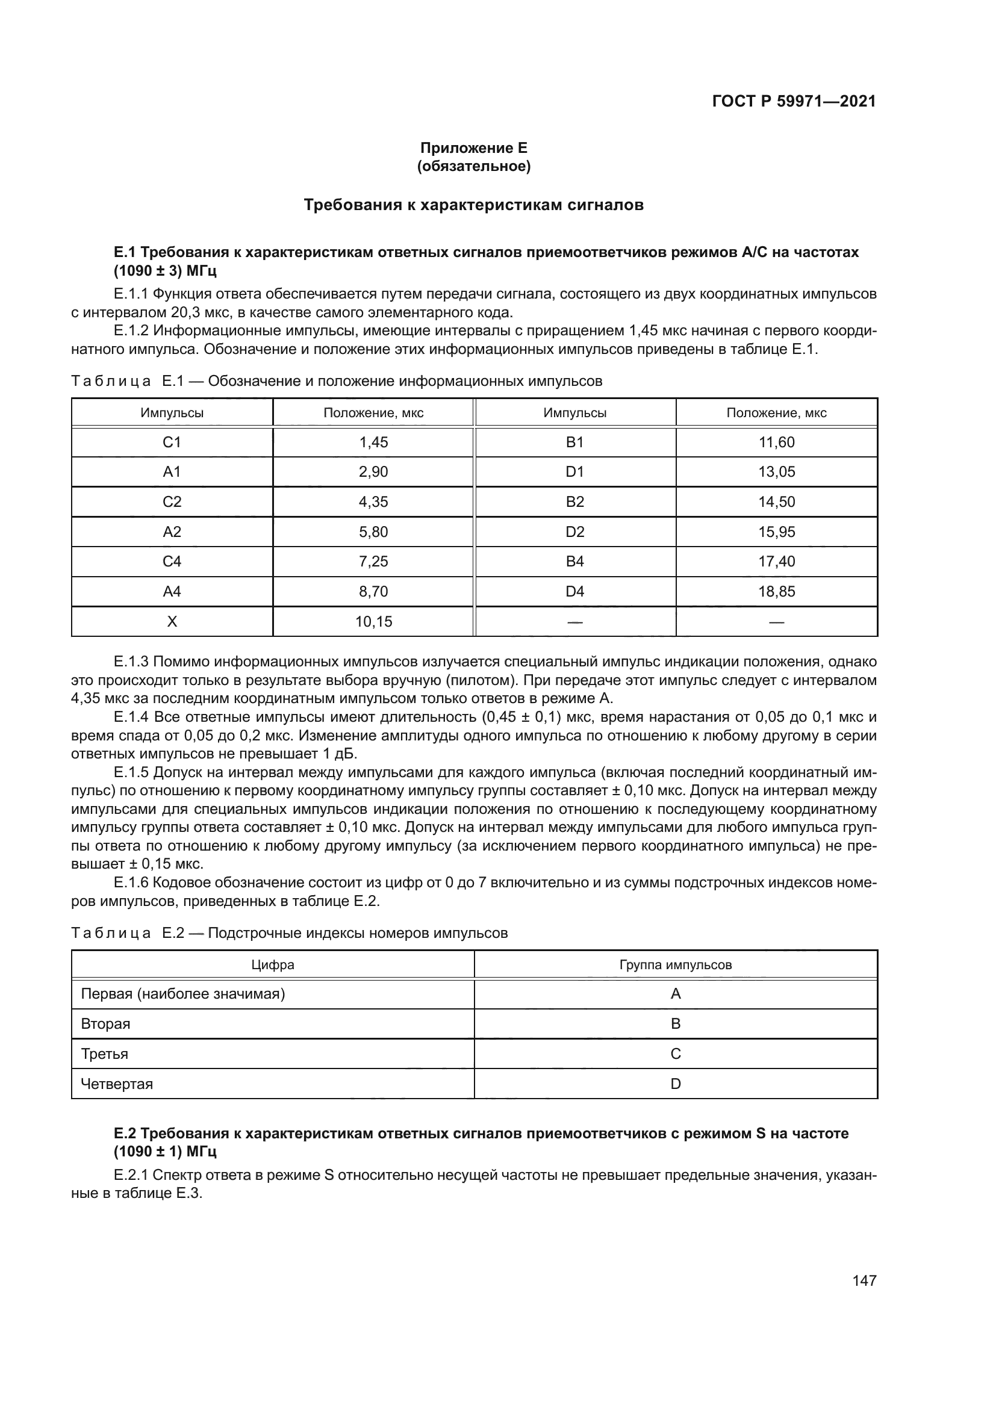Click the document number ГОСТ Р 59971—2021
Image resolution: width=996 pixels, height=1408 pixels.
[794, 101]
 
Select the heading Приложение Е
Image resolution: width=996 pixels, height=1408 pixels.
[473, 148]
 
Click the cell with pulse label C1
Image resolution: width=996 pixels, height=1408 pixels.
[172, 442]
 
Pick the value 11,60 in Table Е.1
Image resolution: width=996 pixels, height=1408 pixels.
[776, 442]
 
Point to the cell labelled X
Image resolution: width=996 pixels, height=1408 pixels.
[172, 621]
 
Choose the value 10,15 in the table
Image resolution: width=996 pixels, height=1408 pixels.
[373, 621]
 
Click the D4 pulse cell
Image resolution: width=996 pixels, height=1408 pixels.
[574, 591]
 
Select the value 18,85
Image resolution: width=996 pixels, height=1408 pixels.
[776, 591]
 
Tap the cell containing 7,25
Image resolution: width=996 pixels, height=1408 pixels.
[373, 561]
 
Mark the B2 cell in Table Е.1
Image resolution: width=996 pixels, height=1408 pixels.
[574, 501]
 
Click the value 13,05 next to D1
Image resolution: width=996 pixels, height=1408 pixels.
[776, 471]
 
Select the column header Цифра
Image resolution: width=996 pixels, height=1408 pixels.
[272, 964]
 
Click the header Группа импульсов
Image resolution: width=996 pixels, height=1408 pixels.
[675, 964]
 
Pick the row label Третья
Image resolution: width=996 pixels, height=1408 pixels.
[105, 1053]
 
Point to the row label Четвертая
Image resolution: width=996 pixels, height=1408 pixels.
[117, 1084]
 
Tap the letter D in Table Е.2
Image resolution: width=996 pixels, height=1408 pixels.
[675, 1084]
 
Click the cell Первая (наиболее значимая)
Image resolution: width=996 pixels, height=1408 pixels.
[183, 993]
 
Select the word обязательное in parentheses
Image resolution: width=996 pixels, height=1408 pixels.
[473, 166]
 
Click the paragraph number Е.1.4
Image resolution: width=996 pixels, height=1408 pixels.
[132, 717]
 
